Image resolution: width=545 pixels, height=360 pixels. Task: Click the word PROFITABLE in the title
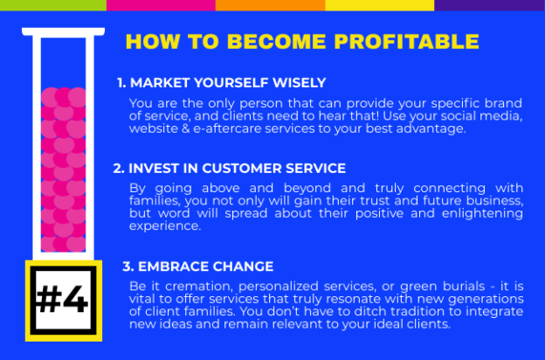pyautogui.click(x=407, y=41)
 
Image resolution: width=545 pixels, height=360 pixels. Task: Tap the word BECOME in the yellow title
pyautogui.click(x=277, y=41)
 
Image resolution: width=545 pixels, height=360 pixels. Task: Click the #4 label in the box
pyautogui.click(x=63, y=300)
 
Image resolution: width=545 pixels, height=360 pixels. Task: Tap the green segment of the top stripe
pyautogui.click(x=53, y=5)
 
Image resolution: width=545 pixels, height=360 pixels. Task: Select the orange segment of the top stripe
pyautogui.click(x=271, y=5)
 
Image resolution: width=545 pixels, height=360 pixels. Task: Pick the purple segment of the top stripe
pyautogui.click(x=490, y=5)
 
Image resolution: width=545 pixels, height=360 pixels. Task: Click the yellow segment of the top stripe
pyautogui.click(x=380, y=5)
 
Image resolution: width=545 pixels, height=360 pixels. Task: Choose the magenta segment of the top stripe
pyautogui.click(x=162, y=5)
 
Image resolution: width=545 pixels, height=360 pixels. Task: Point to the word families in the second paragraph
pyautogui.click(x=155, y=201)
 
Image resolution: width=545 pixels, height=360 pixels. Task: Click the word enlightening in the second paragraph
pyautogui.click(x=482, y=214)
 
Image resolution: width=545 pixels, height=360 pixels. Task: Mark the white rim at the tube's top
pyautogui.click(x=63, y=31)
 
